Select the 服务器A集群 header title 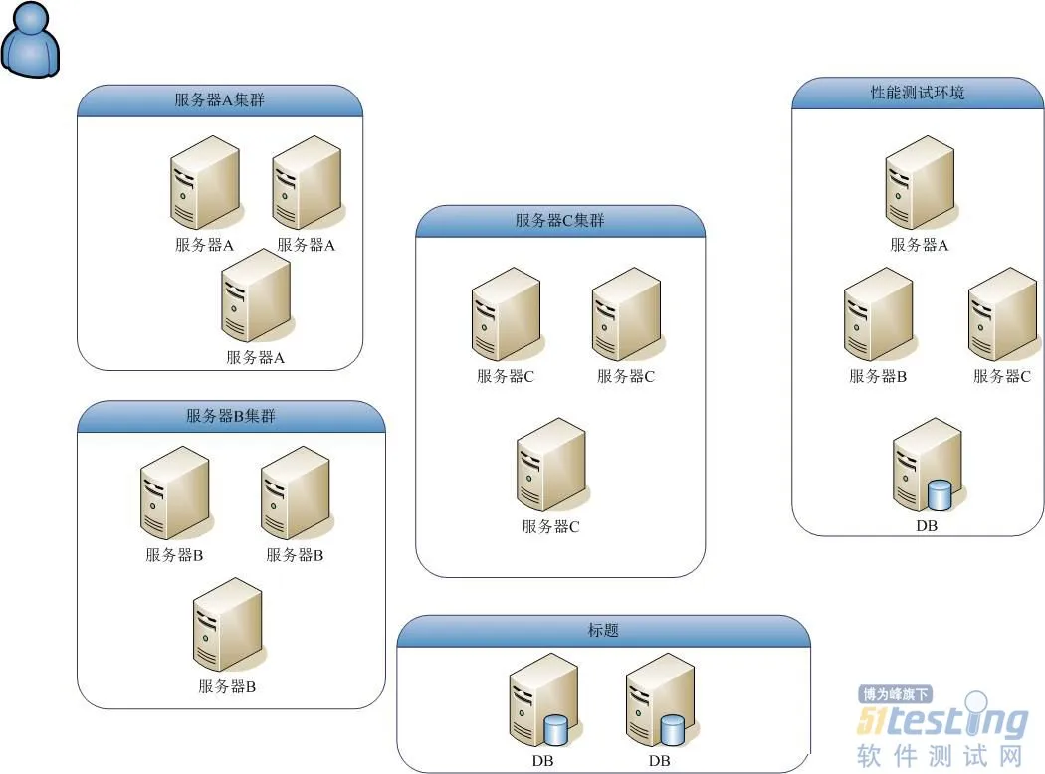coord(219,100)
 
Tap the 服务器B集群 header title coord(231,416)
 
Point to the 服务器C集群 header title coord(559,221)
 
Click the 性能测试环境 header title coord(918,94)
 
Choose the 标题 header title coord(603,631)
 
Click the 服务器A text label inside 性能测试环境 coord(919,245)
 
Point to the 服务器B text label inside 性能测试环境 coord(878,377)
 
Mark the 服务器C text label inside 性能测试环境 coord(1001,377)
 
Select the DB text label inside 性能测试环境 coord(927,526)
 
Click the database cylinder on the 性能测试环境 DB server coord(940,494)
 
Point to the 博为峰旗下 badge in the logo coord(895,694)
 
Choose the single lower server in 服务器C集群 coord(550,465)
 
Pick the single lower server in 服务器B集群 coord(227,624)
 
